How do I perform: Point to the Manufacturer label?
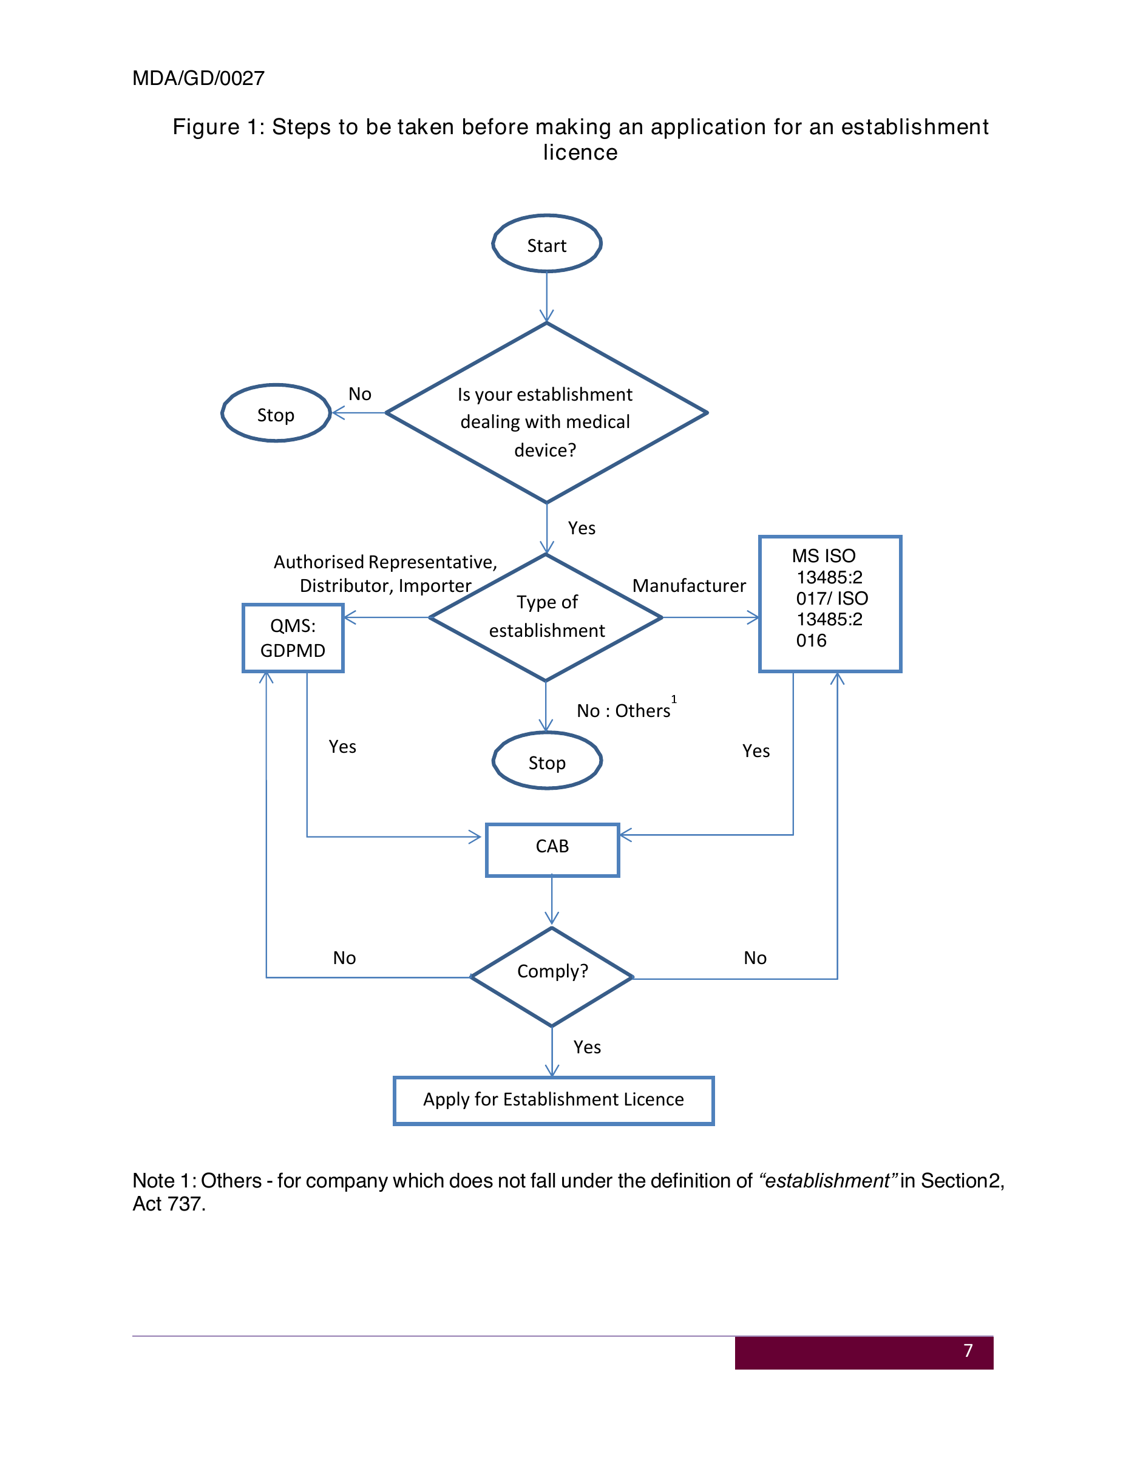click(689, 586)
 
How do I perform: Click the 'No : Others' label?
click(624, 710)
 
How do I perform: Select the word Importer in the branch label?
click(435, 586)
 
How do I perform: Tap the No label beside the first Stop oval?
click(360, 394)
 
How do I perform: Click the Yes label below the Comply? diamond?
click(587, 1047)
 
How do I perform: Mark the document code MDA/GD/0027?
click(198, 78)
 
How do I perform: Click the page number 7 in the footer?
click(969, 1351)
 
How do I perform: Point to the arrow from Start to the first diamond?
click(547, 297)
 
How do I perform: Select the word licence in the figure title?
click(580, 153)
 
